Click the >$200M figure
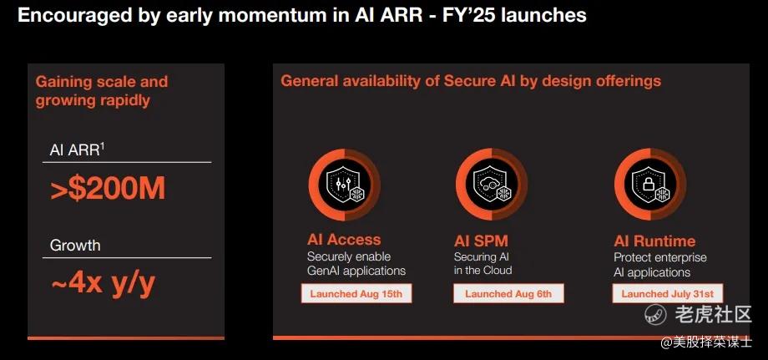coord(108,190)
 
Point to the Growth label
coord(75,245)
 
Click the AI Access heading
coord(344,240)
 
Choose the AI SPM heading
coord(481,241)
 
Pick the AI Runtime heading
coord(654,241)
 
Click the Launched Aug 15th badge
coord(356,294)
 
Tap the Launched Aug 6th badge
coord(508,294)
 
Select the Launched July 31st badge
coord(668,294)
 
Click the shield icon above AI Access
coord(344,185)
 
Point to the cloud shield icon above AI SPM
coord(491,184)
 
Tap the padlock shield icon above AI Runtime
coord(650,184)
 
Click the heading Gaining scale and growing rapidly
coord(101,90)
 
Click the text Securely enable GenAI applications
coord(356,263)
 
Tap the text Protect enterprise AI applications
coord(660,265)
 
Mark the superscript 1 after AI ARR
coord(103,146)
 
